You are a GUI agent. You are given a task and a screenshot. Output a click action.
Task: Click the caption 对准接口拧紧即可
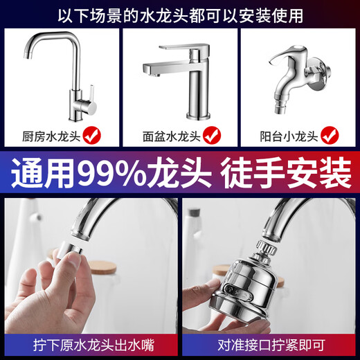tap(270, 343)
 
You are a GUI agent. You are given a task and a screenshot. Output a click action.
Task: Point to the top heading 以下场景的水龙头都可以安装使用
tap(180, 15)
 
